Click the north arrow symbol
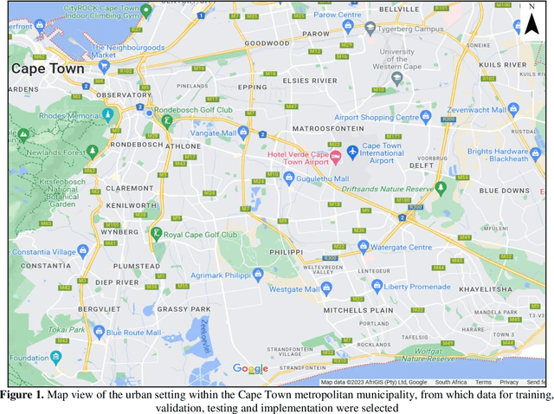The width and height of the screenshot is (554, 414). coord(531,23)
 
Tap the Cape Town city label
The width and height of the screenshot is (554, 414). coord(48,68)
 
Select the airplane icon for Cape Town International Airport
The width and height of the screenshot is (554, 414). coord(352,152)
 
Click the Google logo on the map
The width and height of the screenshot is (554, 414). coord(251,369)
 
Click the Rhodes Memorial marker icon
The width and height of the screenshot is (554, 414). coord(108,114)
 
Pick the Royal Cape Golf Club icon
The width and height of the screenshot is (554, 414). coord(157,234)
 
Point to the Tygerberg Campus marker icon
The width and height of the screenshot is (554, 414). coord(370,28)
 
